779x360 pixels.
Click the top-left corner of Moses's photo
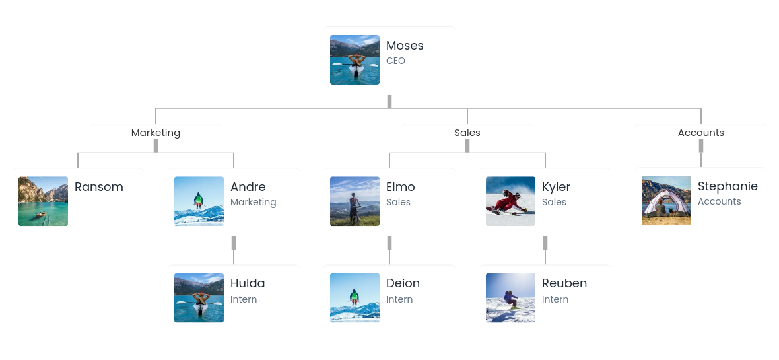(x=330, y=35)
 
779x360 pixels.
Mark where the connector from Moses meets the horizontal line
(x=389, y=108)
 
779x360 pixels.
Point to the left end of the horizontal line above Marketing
(x=156, y=108)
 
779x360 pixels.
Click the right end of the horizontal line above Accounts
(x=701, y=108)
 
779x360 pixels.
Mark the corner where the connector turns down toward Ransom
(x=78, y=153)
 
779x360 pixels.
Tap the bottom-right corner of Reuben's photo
(x=535, y=323)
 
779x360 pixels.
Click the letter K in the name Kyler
(x=545, y=187)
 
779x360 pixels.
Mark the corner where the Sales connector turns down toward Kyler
(x=545, y=153)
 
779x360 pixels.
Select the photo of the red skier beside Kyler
(x=511, y=201)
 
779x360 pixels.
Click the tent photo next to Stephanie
(x=666, y=201)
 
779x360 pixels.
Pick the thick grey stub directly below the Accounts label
(x=701, y=146)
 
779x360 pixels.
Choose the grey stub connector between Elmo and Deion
(x=389, y=243)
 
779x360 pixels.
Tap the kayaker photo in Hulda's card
(x=199, y=298)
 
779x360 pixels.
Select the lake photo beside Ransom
(x=43, y=201)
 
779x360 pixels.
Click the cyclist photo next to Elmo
(x=355, y=201)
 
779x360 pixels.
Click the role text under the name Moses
(x=396, y=61)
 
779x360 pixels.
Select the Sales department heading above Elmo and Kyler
(x=467, y=133)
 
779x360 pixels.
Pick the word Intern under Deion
(x=399, y=299)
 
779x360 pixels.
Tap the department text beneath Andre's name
(x=254, y=202)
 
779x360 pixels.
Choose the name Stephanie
(x=728, y=186)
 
